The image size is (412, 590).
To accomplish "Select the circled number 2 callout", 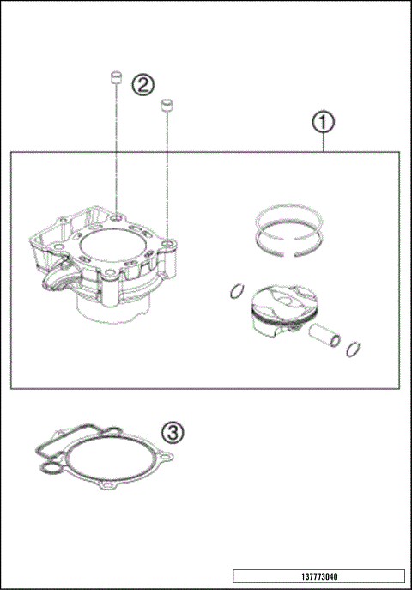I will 142,84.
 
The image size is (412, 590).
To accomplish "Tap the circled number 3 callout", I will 173,432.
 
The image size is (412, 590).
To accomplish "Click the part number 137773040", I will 318,576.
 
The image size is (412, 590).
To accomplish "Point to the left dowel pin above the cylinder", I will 112,79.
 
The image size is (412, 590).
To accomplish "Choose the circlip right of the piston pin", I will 354,350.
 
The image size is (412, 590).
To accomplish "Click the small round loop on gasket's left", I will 50,469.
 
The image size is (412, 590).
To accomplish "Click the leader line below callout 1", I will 323,143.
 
